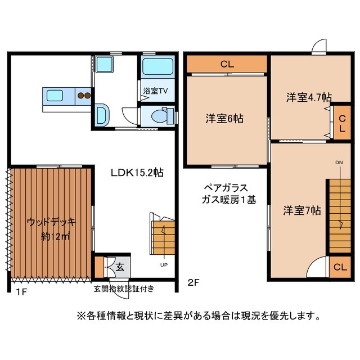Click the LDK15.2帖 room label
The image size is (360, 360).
tap(136, 173)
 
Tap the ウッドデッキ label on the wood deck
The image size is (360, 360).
tap(51, 221)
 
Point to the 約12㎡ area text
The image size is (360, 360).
tap(55, 236)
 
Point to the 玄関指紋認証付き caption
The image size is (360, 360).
tap(124, 289)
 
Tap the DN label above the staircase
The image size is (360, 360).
tap(339, 163)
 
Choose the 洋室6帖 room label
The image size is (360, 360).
tap(224, 119)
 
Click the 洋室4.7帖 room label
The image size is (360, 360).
tap(308, 97)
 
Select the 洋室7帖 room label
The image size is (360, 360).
tap(302, 210)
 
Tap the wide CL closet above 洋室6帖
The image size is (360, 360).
tap(227, 64)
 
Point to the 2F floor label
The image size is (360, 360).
tap(193, 283)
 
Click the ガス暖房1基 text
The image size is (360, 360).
tap(229, 200)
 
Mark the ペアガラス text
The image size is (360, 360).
tap(225, 187)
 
